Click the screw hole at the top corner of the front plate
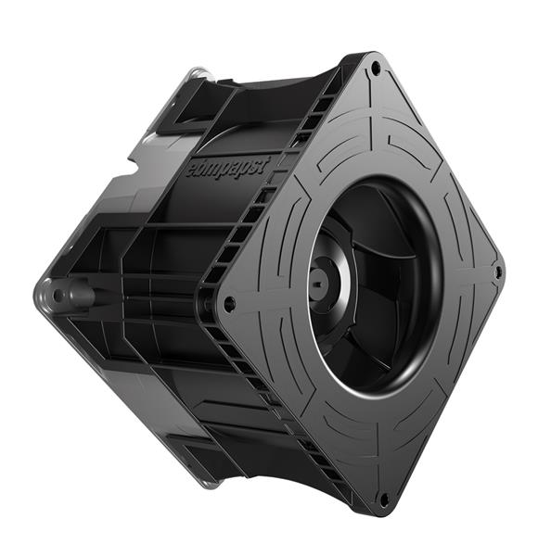point(375,67)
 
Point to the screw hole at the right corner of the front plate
point(498,272)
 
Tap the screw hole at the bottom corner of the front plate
point(384,499)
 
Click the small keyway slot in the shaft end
point(318,284)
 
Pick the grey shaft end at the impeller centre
point(318,284)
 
